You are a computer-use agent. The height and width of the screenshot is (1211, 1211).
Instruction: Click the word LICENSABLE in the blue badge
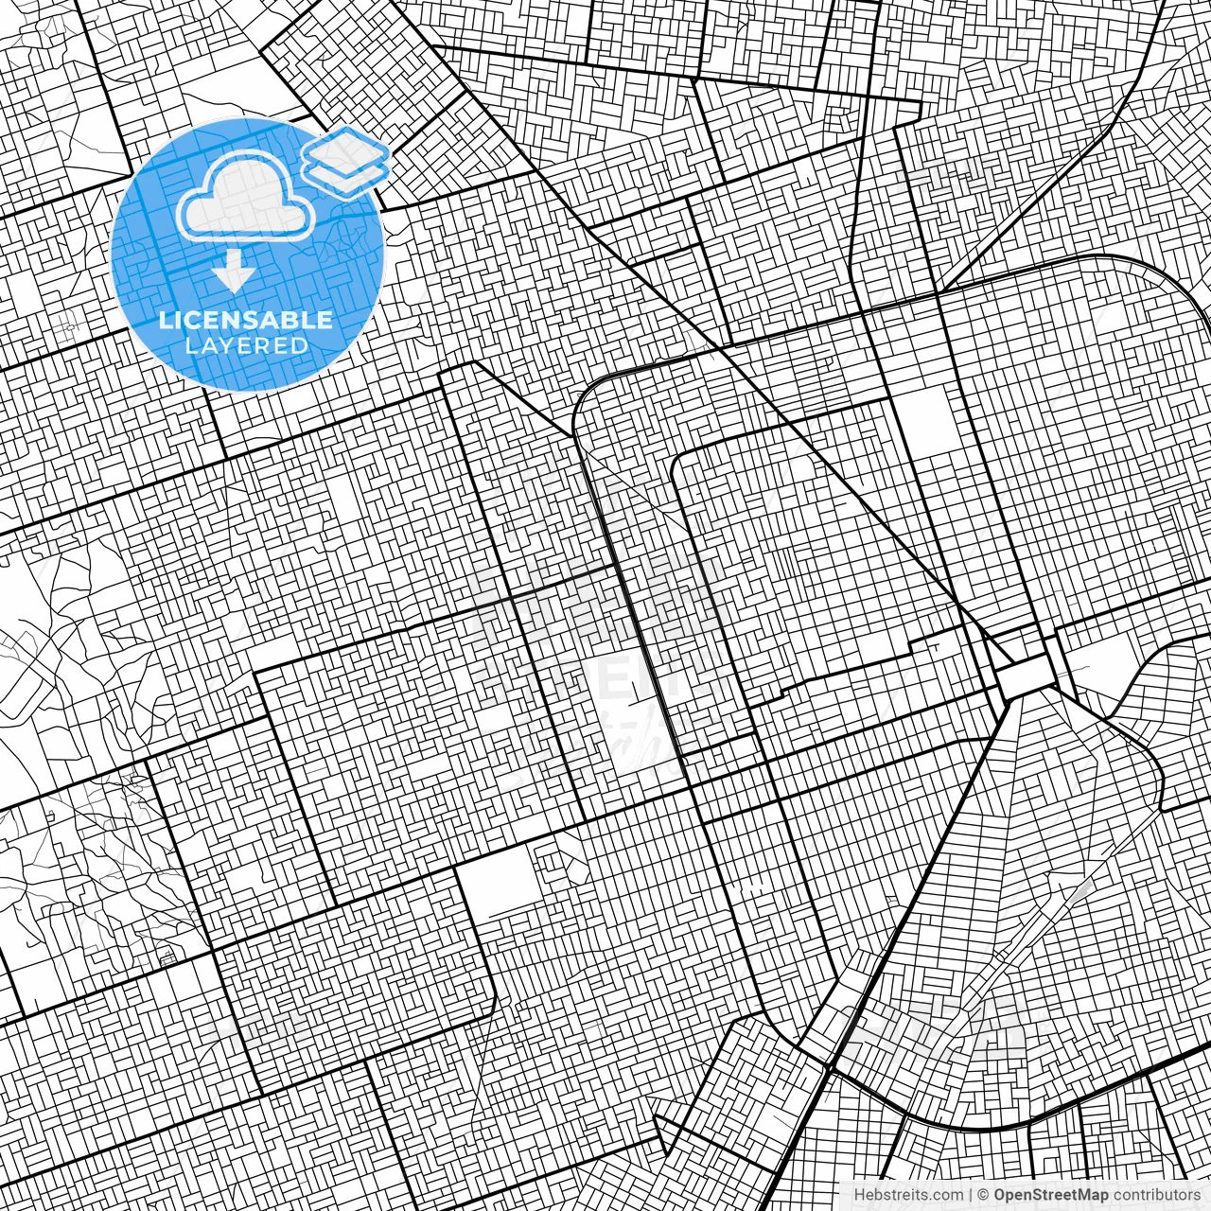246,320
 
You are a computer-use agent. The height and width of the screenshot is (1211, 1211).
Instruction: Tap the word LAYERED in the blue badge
246,346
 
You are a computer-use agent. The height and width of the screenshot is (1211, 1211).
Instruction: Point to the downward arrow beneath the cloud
233,274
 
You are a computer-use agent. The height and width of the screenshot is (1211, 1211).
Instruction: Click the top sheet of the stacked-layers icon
347,149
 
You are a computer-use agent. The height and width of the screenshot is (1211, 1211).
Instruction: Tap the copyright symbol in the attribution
984,1195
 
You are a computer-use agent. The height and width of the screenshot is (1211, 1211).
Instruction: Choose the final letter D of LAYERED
300,346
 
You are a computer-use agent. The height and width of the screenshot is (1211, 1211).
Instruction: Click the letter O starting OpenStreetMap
1000,1195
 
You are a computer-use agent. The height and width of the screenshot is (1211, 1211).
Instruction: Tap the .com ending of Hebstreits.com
948,1195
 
